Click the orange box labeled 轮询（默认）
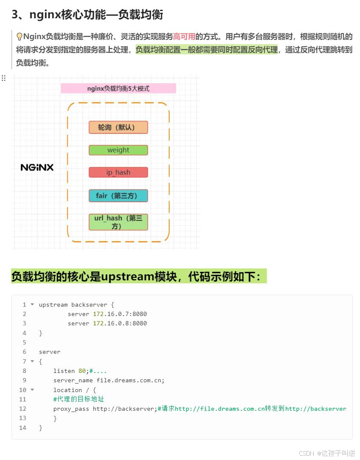click(118, 127)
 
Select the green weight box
click(118, 150)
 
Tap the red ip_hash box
click(118, 172)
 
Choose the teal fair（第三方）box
click(118, 196)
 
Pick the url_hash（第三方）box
click(118, 222)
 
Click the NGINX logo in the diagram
click(37, 167)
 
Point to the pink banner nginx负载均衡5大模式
click(118, 88)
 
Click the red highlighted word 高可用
click(184, 37)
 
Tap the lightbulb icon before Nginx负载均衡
click(19, 37)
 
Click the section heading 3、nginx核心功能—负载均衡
click(87, 14)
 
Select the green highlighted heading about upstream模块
click(139, 277)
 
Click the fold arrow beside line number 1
click(32, 305)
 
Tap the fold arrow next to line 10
click(32, 390)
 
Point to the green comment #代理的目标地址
click(79, 399)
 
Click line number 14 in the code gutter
click(23, 428)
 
